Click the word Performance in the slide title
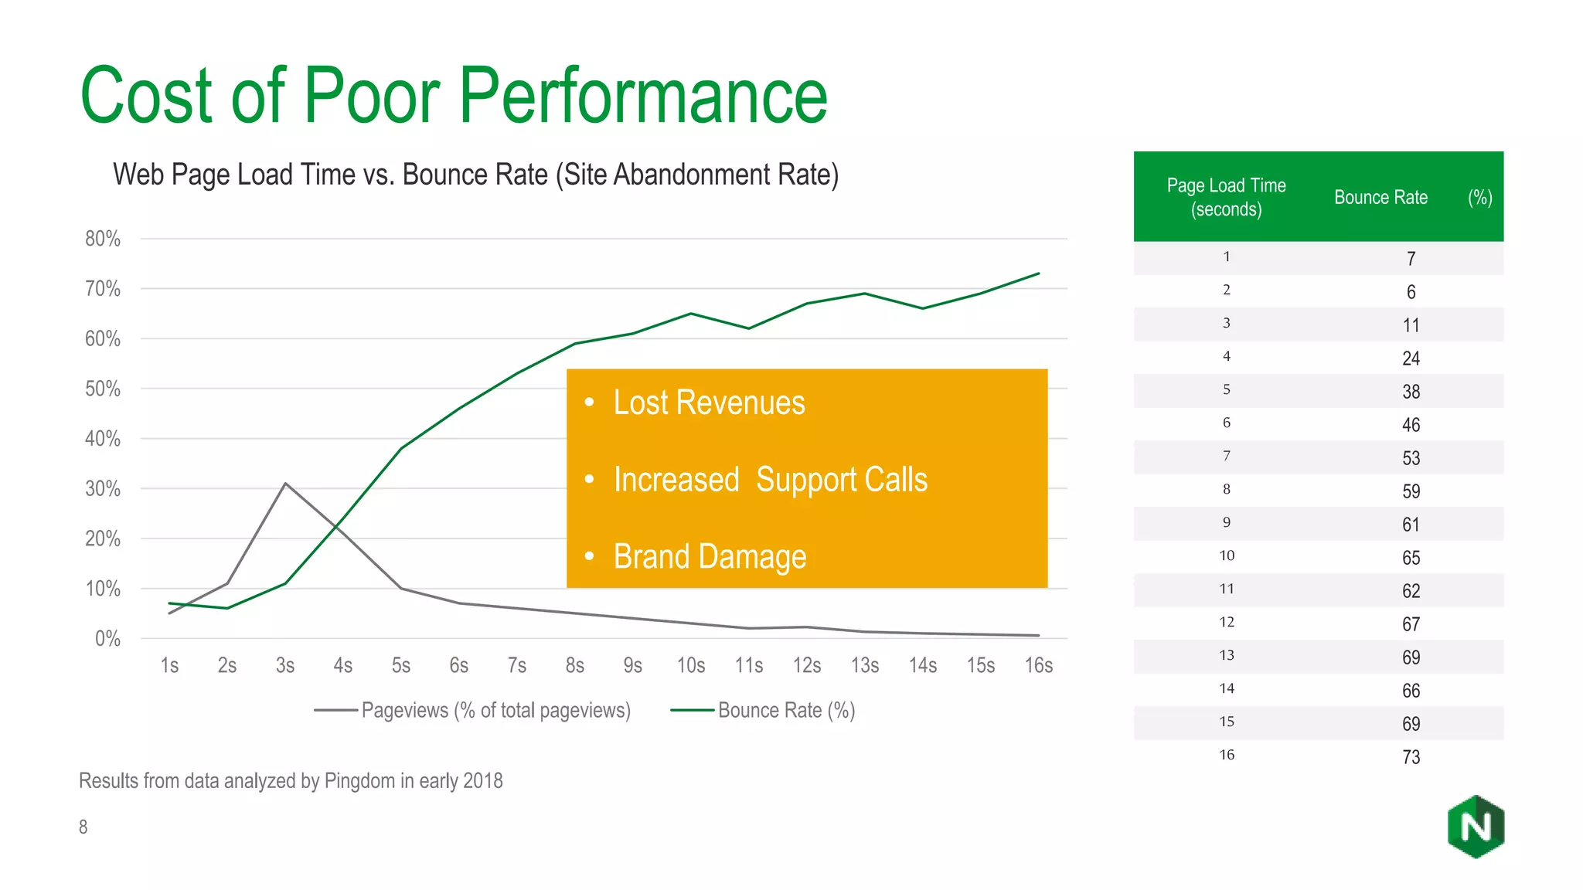pyautogui.click(x=643, y=96)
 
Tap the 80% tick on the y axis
pyautogui.click(x=103, y=239)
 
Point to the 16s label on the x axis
pyautogui.click(x=1038, y=665)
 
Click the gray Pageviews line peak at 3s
pyautogui.click(x=285, y=484)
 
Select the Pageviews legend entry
pyautogui.click(x=472, y=710)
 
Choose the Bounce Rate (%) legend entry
pyautogui.click(x=763, y=710)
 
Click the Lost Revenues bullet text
pyautogui.click(x=709, y=403)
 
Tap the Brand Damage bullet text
pyautogui.click(x=710, y=556)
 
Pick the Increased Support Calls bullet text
pyautogui.click(x=770, y=480)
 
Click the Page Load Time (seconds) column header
pyautogui.click(x=1226, y=197)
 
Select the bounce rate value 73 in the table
pyautogui.click(x=1411, y=757)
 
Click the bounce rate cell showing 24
pyautogui.click(x=1411, y=358)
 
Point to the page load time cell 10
pyautogui.click(x=1227, y=555)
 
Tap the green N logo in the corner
pyautogui.click(x=1476, y=827)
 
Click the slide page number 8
pyautogui.click(x=83, y=827)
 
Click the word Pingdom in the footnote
pyautogui.click(x=359, y=781)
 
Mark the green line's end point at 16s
pyautogui.click(x=1038, y=273)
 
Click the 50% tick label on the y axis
pyautogui.click(x=103, y=389)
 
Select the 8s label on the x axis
pyautogui.click(x=574, y=665)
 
